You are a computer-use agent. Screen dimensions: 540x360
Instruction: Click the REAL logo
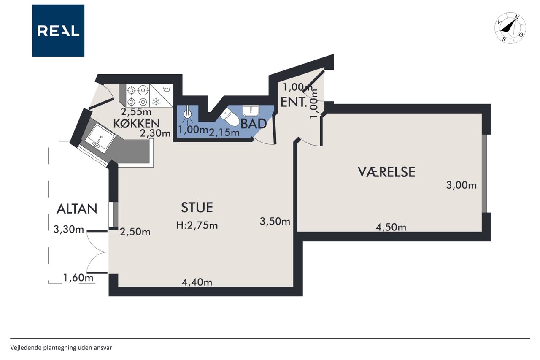(58, 31)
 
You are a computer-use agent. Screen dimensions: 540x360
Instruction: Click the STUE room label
(197, 208)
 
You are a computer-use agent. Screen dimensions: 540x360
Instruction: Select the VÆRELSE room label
(386, 172)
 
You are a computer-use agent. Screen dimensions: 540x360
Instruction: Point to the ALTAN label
(77, 209)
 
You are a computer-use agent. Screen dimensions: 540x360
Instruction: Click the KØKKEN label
(136, 124)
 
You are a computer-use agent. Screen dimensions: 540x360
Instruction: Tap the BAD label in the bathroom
(254, 124)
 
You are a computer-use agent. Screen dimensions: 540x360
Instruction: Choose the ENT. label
(294, 102)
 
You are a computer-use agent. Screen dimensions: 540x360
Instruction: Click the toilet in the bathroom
(229, 117)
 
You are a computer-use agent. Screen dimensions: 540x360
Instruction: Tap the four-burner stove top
(138, 95)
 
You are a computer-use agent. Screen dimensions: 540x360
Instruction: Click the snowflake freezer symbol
(156, 102)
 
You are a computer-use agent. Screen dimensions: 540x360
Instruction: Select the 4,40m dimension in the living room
(197, 282)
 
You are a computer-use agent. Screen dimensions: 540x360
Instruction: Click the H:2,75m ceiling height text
(197, 225)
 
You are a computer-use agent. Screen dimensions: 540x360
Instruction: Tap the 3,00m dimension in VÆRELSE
(461, 185)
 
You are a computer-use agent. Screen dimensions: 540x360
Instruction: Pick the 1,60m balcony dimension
(78, 278)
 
